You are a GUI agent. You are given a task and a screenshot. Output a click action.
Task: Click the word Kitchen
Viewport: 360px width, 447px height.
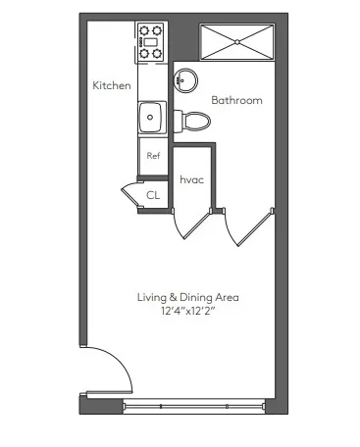pyautogui.click(x=111, y=86)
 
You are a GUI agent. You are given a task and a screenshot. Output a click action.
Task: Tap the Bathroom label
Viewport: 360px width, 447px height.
pyautogui.click(x=236, y=100)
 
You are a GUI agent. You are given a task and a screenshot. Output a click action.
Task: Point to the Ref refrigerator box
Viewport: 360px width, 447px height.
pyautogui.click(x=153, y=156)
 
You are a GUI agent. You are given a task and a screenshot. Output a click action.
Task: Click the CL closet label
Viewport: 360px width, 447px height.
pyautogui.click(x=153, y=195)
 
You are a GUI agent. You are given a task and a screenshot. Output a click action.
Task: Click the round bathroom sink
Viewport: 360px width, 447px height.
pyautogui.click(x=185, y=81)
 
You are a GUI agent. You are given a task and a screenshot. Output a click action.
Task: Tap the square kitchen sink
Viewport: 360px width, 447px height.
pyautogui.click(x=152, y=119)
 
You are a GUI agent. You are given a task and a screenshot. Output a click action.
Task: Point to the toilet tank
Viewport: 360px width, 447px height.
pyautogui.click(x=179, y=121)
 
